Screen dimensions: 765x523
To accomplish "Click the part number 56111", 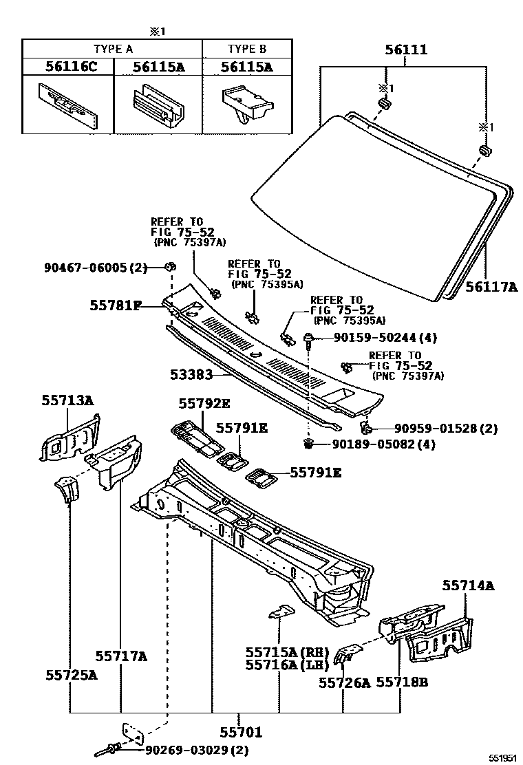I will coord(406,50).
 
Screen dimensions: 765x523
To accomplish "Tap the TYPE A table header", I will coord(113,49).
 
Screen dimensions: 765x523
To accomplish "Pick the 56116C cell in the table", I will coord(67,67).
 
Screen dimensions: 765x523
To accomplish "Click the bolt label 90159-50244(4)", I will coord(385,338).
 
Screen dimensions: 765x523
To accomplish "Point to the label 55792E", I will coord(204,404).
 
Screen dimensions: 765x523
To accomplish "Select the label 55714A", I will coord(468,585).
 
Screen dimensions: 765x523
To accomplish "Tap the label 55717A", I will coord(121,656).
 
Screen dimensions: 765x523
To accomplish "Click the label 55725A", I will coord(72,675).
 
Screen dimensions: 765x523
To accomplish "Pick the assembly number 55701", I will coord(241,733).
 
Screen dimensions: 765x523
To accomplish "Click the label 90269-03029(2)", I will coord(196,749).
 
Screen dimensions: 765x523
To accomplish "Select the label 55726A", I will coord(344,682).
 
